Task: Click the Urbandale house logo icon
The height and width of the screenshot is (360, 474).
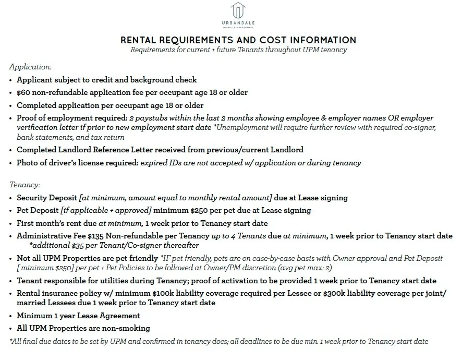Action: click(x=238, y=10)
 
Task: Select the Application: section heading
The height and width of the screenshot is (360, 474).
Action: click(x=30, y=67)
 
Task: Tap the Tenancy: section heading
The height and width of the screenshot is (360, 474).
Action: click(x=25, y=185)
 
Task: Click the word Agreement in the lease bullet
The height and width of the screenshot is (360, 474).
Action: click(x=119, y=316)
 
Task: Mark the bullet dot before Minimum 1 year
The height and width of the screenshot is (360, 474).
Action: click(x=11, y=316)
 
